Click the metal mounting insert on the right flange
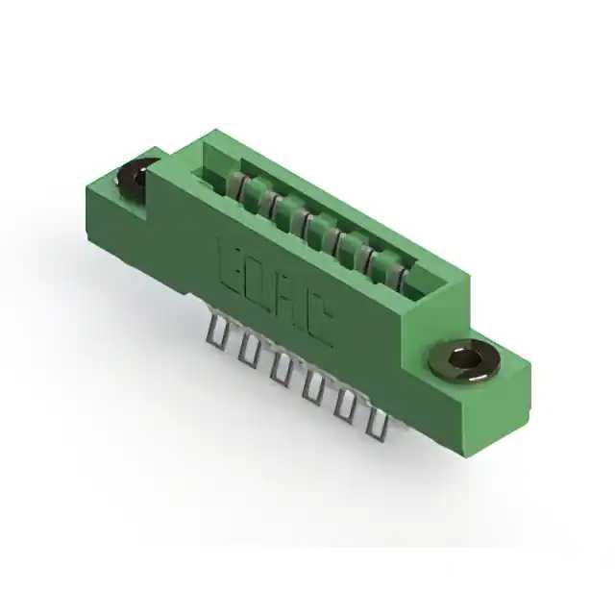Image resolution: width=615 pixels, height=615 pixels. point(464,360)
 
